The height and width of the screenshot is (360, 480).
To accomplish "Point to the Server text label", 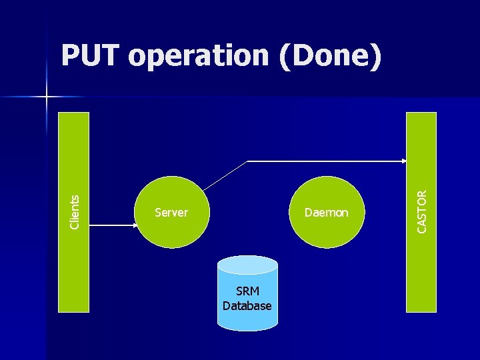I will pyautogui.click(x=171, y=213).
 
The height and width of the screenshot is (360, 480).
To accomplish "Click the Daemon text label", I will pyautogui.click(x=326, y=213).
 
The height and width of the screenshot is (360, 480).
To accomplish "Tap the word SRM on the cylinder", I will pyautogui.click(x=247, y=291).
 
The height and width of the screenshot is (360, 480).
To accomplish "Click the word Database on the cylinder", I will pyautogui.click(x=247, y=306).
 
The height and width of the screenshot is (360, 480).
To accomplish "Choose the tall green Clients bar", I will pyautogui.click(x=74, y=267).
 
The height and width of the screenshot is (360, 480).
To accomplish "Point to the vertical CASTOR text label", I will pyautogui.click(x=421, y=211).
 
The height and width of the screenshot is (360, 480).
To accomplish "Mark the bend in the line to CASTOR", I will pyautogui.click(x=247, y=161).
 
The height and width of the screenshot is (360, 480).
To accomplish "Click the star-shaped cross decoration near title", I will pyautogui.click(x=46, y=97).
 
